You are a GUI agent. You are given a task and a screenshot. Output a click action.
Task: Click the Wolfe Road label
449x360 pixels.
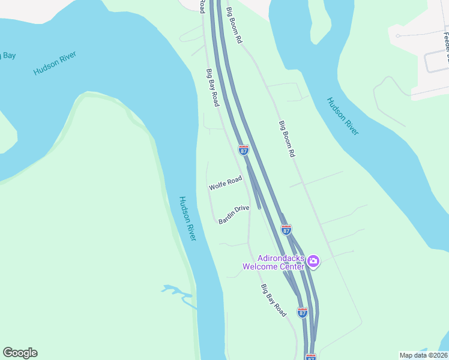(225, 183)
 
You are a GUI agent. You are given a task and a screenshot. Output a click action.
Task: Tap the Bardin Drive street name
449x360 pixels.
(234, 215)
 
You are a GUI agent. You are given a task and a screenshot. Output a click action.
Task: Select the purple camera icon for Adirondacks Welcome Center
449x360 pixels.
(313, 262)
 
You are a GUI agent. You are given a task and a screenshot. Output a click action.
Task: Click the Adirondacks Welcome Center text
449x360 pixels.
(274, 262)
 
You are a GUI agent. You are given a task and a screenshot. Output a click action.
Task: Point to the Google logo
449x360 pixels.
(20, 353)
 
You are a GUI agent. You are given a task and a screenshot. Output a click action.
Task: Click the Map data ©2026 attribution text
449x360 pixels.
(423, 355)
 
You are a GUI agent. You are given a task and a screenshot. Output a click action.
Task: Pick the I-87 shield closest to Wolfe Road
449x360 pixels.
(244, 150)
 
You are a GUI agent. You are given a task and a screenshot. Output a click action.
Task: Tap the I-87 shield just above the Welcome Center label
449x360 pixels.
(286, 230)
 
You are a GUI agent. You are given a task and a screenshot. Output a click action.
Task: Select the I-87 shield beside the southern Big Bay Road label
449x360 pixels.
(303, 313)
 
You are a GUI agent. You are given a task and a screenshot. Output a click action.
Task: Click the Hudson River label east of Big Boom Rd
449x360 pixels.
(343, 116)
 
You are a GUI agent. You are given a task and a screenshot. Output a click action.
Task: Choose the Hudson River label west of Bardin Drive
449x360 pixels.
(188, 218)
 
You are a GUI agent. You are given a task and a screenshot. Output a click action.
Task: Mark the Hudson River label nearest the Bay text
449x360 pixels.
(55, 63)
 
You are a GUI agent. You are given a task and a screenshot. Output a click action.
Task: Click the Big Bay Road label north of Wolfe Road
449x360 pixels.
(212, 88)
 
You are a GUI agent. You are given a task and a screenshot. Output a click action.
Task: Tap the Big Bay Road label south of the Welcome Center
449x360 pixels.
(274, 300)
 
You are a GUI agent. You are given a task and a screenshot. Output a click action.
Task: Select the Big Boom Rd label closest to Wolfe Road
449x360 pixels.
(288, 139)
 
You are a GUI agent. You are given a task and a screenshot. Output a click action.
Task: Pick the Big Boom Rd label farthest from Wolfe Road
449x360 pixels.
(235, 25)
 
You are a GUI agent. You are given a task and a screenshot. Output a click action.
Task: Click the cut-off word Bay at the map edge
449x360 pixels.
(7, 56)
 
